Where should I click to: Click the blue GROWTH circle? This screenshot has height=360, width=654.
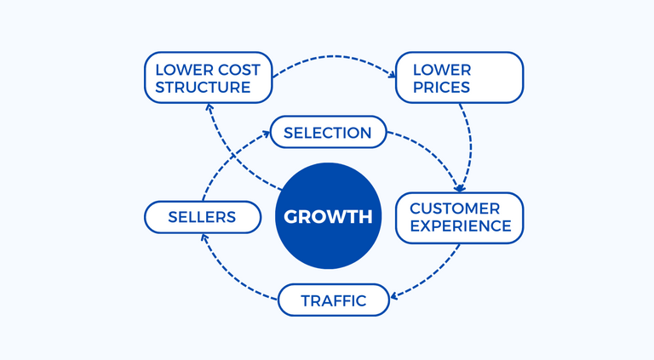(x=328, y=216)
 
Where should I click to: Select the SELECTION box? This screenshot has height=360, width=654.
(x=328, y=133)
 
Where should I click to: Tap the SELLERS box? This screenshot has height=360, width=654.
(x=202, y=217)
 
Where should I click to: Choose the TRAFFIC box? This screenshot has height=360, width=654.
(x=334, y=300)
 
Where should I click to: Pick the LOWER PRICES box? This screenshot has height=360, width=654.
(x=459, y=77)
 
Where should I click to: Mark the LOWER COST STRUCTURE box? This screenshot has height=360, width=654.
(x=208, y=77)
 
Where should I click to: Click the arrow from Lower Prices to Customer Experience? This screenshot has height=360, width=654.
(x=469, y=140)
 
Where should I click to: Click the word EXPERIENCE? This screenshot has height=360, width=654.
(x=460, y=226)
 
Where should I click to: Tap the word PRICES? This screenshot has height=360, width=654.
(x=441, y=87)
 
